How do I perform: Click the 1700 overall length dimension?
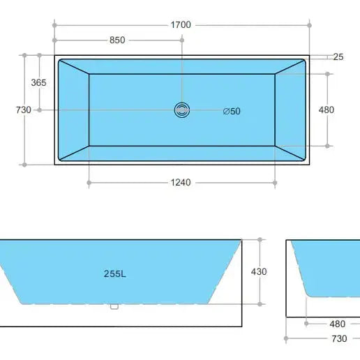pyautogui.click(x=181, y=24)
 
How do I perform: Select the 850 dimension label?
pyautogui.click(x=117, y=40)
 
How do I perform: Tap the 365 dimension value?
pyautogui.click(x=39, y=82)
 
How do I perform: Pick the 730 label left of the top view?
pyautogui.click(x=23, y=110)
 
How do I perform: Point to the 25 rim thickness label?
pyautogui.click(x=338, y=57)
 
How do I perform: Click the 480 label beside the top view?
pyautogui.click(x=326, y=110)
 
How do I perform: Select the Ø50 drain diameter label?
pyautogui.click(x=232, y=111)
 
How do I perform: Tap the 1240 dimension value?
pyautogui.click(x=181, y=183)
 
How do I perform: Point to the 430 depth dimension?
pyautogui.click(x=259, y=271)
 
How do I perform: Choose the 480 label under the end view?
pyautogui.click(x=337, y=324)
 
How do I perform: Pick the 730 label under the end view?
pyautogui.click(x=339, y=338)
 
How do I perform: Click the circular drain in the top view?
pyautogui.click(x=181, y=110)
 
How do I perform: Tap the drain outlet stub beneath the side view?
pyautogui.click(x=114, y=306)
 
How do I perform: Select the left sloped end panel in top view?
pyautogui.click(x=75, y=110)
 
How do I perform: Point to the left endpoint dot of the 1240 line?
pyautogui.click(x=89, y=183)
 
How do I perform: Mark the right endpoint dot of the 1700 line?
pyautogui.click(x=309, y=24)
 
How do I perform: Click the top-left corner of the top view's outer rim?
pyautogui.click(x=56, y=55)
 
